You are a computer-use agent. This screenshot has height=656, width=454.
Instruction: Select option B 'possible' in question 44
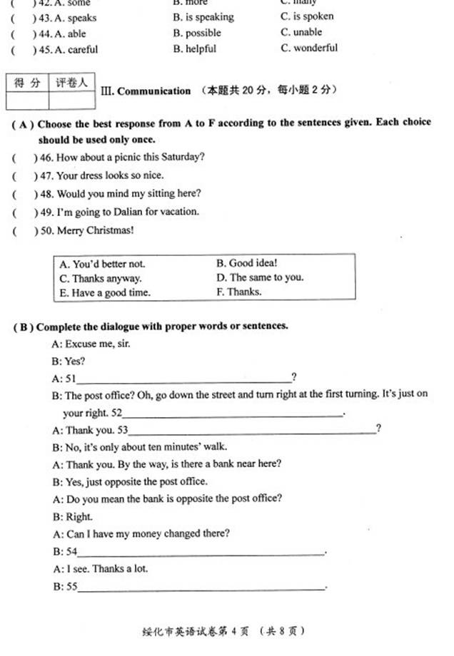point(198,33)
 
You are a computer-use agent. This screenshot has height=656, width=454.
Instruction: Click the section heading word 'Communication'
point(153,91)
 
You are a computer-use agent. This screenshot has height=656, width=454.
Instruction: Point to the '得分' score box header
point(27,83)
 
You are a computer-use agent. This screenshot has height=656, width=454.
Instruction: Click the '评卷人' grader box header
point(71,83)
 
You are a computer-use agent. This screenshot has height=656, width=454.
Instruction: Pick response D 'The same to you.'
point(260,277)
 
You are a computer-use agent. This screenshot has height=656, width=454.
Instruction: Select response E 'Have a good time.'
point(105,292)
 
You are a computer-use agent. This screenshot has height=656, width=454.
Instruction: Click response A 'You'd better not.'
point(102,264)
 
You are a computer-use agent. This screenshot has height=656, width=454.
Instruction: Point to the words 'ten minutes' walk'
point(187,447)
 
